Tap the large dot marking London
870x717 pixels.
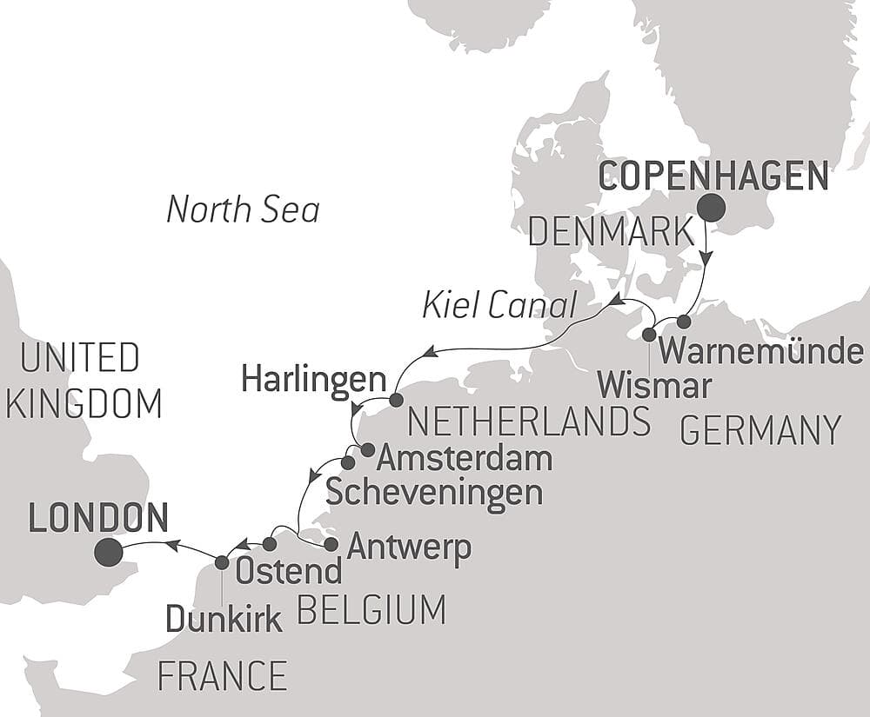108,551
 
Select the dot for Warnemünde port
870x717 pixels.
684,322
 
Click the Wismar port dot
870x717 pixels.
649,335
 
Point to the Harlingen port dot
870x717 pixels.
396,401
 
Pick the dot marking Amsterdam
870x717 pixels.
367,450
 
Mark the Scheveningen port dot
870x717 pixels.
348,462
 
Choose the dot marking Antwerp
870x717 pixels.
331,545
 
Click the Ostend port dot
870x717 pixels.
270,544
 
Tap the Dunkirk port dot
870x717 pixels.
222,562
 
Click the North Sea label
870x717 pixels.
243,209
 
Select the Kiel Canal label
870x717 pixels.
499,305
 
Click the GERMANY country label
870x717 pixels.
760,430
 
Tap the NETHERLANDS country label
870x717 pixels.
529,422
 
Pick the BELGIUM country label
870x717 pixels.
371,610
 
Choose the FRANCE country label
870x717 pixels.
222,675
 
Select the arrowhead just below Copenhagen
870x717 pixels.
706,258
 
